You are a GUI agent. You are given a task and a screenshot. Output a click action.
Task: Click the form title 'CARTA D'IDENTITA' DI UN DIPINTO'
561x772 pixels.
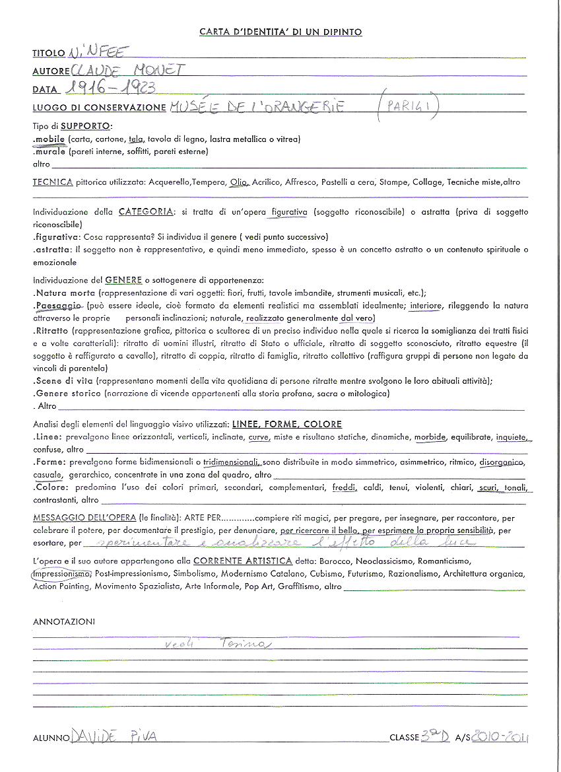(x=280, y=32)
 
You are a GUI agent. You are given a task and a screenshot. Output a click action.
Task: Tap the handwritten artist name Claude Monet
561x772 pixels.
(x=129, y=70)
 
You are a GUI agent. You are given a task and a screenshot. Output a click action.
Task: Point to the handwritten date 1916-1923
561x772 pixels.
(x=111, y=88)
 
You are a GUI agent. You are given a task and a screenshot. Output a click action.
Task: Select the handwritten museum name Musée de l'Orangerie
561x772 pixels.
(x=256, y=107)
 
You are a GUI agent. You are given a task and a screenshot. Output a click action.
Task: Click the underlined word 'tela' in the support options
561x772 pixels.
(x=137, y=139)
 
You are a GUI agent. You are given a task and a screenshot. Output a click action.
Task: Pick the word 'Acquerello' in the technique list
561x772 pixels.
(x=170, y=182)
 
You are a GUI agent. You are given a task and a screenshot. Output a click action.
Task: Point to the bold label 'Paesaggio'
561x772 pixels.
(x=58, y=306)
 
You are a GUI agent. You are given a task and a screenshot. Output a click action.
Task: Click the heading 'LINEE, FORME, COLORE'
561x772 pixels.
(x=286, y=424)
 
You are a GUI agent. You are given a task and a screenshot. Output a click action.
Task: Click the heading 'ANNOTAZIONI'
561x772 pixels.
(x=63, y=621)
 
